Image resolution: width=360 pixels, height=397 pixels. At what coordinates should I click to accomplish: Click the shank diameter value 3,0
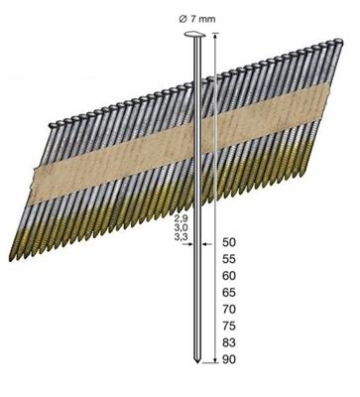pos(180,226)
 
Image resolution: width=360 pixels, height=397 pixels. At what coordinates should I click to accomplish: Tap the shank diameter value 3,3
pos(180,237)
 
